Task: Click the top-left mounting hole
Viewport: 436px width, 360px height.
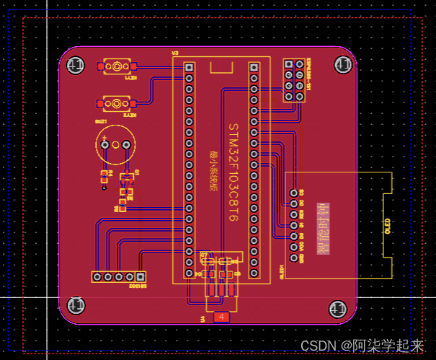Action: [75, 66]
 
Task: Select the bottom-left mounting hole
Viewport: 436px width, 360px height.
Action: [75, 305]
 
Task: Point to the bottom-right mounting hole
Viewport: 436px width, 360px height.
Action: [337, 309]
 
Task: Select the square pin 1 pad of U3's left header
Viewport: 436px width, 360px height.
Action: [189, 67]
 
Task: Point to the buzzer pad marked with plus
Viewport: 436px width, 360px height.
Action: [105, 146]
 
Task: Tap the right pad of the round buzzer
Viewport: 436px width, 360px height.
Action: [126, 146]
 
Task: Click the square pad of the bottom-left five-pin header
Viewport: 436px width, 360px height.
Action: [141, 276]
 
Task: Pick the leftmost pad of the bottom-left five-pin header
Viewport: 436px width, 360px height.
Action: [96, 276]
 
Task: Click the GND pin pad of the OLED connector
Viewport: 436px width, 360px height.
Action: [294, 193]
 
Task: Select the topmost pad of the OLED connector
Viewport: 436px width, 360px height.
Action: [294, 193]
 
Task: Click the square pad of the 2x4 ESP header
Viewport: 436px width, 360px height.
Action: [288, 64]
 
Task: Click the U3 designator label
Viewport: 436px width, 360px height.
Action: [174, 53]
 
